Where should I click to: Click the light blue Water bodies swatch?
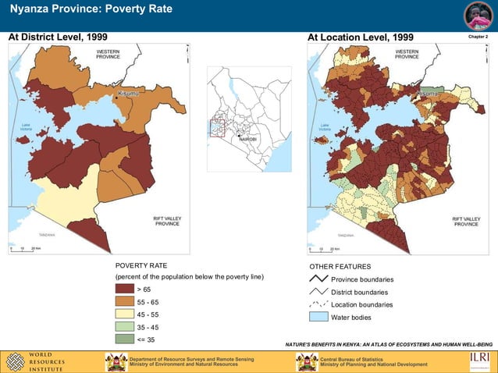point(318,318)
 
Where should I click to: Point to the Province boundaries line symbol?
point(318,279)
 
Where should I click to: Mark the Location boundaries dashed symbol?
point(318,304)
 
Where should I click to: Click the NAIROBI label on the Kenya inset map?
point(247,140)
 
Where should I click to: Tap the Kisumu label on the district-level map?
point(127,94)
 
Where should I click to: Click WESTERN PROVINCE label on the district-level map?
point(108,54)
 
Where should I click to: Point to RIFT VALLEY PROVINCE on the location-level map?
point(467,222)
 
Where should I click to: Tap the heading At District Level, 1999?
point(58,37)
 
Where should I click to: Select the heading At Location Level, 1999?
point(360,37)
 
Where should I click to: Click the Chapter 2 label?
point(477,37)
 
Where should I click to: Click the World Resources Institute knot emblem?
point(16,361)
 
